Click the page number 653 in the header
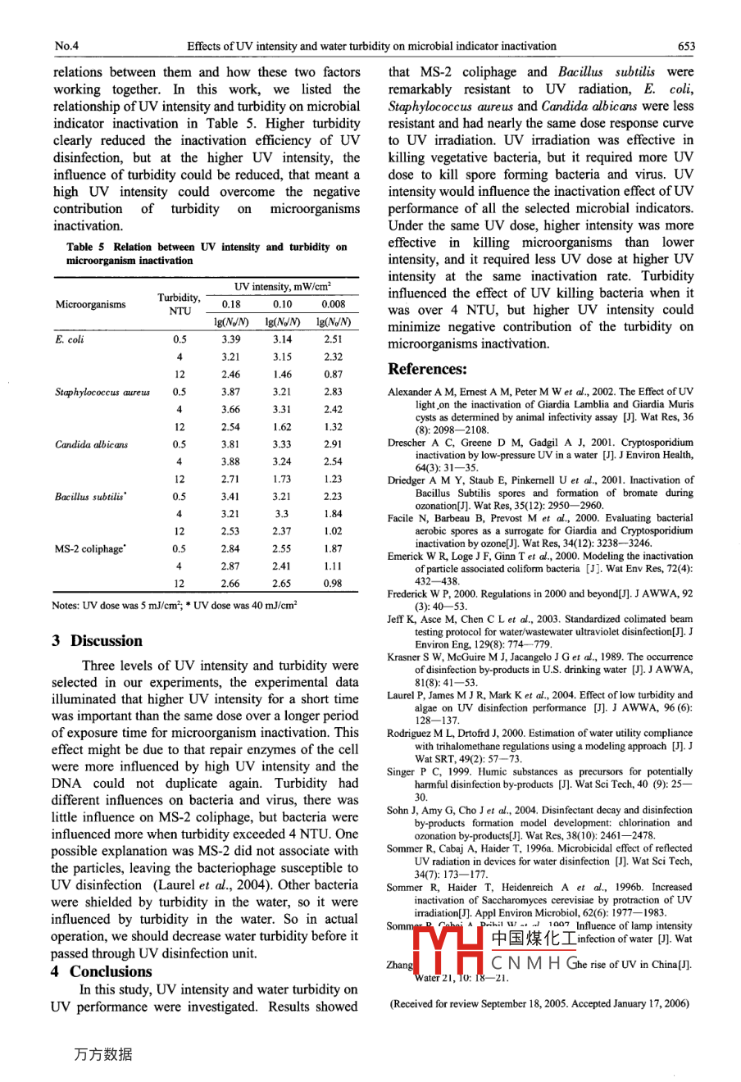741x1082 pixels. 685,47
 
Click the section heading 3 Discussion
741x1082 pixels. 97,641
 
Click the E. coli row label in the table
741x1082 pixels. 70,339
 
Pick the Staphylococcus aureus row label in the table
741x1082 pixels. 102,392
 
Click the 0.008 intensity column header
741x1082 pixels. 333,304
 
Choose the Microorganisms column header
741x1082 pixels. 91,305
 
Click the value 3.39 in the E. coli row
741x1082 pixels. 231,339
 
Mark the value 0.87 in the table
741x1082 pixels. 333,374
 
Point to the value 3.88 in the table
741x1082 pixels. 231,461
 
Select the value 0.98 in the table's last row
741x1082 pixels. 333,584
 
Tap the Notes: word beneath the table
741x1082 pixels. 66,606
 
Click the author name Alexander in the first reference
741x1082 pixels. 411,392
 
